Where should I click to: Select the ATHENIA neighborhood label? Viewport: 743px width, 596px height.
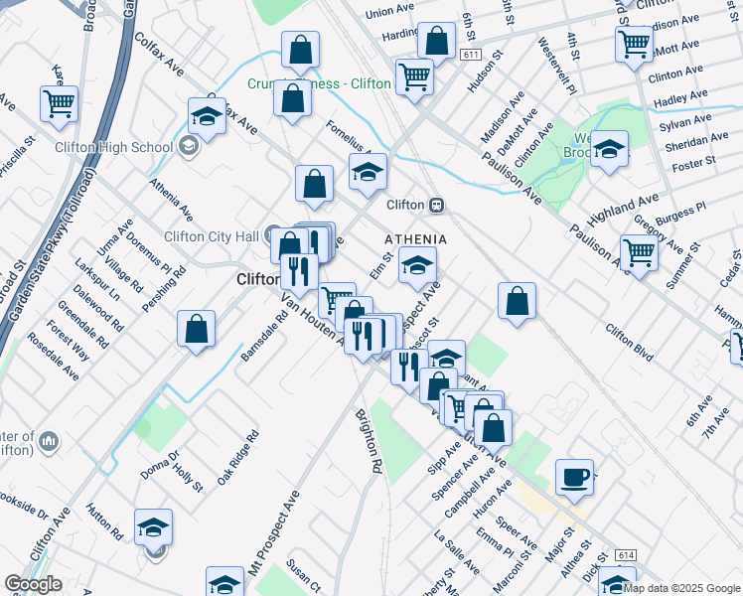pyautogui.click(x=415, y=240)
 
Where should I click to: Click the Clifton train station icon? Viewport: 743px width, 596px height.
pyautogui.click(x=435, y=205)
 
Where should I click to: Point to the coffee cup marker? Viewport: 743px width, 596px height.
pyautogui.click(x=574, y=477)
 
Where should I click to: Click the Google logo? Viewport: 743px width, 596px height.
pyautogui.click(x=34, y=585)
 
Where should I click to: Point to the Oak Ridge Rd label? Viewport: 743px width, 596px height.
pyautogui.click(x=238, y=458)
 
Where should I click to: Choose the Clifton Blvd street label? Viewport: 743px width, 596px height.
pyautogui.click(x=629, y=341)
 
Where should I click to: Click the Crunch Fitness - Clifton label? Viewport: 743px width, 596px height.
pyautogui.click(x=317, y=84)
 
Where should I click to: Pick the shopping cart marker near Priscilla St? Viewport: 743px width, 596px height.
pyautogui.click(x=60, y=102)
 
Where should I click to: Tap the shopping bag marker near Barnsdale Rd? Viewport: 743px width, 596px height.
pyautogui.click(x=197, y=328)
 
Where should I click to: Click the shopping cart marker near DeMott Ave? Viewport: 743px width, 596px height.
pyautogui.click(x=634, y=44)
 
